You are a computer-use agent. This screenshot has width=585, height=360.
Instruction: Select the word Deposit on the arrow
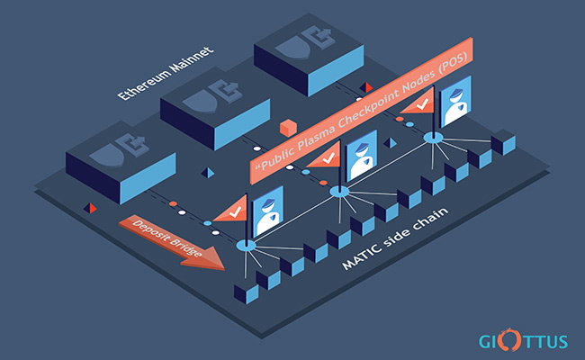[x=148, y=230]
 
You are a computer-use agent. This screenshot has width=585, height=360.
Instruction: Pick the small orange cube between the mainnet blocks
[x=288, y=127]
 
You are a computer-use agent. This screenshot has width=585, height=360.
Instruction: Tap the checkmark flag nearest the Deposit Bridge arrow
[x=232, y=211]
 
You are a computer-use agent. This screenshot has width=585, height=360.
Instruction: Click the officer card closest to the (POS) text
[x=455, y=102]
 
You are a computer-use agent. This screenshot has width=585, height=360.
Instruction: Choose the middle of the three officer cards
[x=362, y=156]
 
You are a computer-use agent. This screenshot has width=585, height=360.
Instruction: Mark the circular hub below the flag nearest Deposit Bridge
[x=247, y=245]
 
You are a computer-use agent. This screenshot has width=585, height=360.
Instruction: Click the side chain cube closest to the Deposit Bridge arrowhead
[x=247, y=293]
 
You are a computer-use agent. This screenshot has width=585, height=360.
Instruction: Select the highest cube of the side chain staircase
[x=503, y=142]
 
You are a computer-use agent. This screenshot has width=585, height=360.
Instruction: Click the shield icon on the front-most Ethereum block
[x=106, y=155]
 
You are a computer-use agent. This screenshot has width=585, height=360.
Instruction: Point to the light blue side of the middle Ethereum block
[x=242, y=123]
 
